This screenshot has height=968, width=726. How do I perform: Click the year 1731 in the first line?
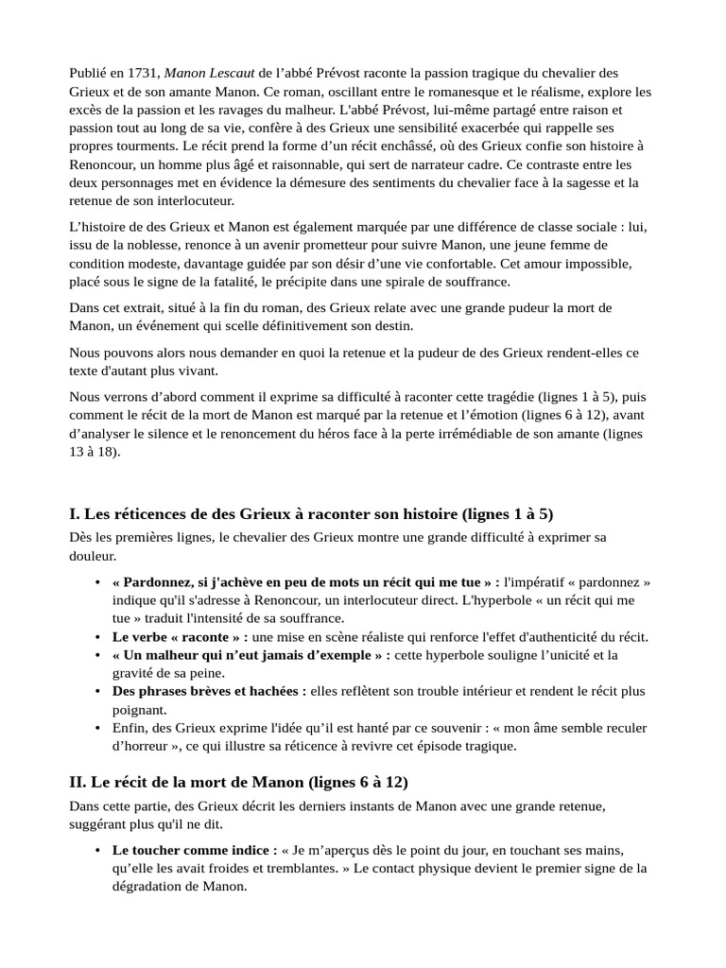pos(146,74)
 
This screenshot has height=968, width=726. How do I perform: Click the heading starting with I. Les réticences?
pos(311,514)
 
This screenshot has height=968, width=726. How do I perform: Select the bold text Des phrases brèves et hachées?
pos(209,691)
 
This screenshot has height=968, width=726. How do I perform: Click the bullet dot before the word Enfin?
pos(98,728)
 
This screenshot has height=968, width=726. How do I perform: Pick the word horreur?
pos(142,746)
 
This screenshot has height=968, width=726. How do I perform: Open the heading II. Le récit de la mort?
pos(238,784)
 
